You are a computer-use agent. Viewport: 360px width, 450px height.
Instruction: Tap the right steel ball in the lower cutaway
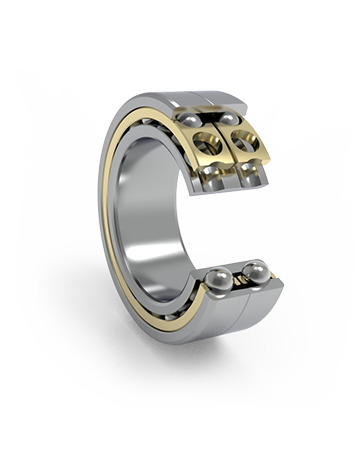(255, 271)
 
